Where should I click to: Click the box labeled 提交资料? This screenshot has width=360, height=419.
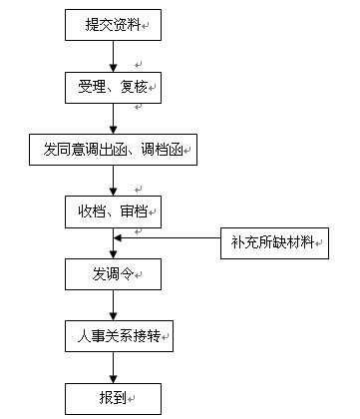(x=113, y=24)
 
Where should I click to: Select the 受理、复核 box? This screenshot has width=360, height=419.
(x=113, y=87)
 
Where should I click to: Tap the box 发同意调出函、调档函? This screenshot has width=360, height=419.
(x=113, y=151)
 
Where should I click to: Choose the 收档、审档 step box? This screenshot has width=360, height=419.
(x=113, y=211)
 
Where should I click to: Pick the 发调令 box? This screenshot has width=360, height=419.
(x=113, y=273)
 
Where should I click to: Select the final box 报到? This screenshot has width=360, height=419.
(x=113, y=398)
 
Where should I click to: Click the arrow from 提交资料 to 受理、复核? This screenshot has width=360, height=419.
(x=114, y=56)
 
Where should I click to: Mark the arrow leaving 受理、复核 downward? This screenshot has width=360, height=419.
(x=114, y=119)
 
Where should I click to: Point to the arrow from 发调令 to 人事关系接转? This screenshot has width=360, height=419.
(x=114, y=305)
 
